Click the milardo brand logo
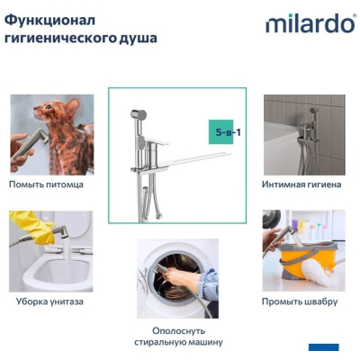pyautogui.click(x=310, y=23)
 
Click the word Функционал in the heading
pyautogui.click(x=50, y=21)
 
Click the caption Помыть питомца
pyautogui.click(x=46, y=184)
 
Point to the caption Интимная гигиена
pyautogui.click(x=301, y=184)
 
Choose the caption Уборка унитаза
pyautogui.click(x=49, y=301)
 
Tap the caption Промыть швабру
pyautogui.click(x=300, y=301)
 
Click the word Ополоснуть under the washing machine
pyautogui.click(x=178, y=331)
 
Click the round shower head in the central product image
pyautogui.click(x=139, y=114)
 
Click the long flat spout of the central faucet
pyautogui.click(x=196, y=159)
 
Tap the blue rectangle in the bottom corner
pyautogui.click(x=324, y=347)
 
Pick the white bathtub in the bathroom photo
pyautogui.click(x=282, y=147)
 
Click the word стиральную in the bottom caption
pyautogui.click(x=159, y=342)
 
